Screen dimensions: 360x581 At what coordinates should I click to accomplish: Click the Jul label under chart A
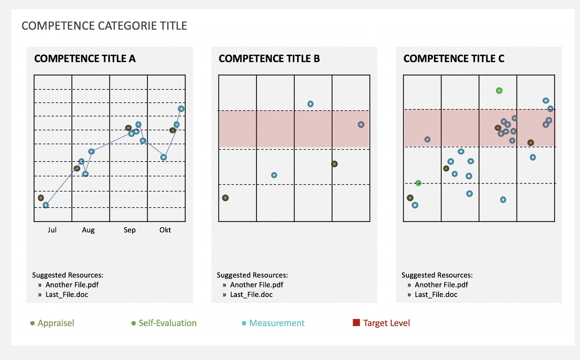click(52, 230)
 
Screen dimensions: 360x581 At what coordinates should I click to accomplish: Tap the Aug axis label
click(88, 230)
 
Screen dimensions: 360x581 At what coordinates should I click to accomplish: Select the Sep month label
click(130, 230)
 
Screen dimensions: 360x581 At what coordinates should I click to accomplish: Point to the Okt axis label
click(165, 230)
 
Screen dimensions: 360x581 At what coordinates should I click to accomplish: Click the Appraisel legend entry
click(56, 323)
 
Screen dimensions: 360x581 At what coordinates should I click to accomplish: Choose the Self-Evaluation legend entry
click(167, 323)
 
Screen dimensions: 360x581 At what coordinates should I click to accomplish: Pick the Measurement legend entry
click(277, 323)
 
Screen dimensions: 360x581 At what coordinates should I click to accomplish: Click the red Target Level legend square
click(356, 322)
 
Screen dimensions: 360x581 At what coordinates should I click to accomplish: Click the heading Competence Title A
click(85, 58)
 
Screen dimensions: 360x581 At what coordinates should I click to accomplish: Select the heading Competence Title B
click(269, 58)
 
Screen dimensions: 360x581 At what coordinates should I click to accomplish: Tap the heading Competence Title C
click(454, 58)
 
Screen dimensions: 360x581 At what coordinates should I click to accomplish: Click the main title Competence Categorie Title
click(104, 26)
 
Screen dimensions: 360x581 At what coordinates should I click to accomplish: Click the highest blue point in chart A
click(181, 109)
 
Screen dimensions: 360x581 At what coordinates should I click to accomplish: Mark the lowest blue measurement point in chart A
click(46, 205)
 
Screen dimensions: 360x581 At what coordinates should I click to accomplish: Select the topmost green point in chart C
click(499, 91)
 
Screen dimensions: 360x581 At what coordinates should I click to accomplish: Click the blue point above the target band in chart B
click(310, 104)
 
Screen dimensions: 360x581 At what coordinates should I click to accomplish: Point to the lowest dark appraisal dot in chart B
click(225, 198)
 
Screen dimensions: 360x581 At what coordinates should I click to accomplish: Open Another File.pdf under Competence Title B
click(257, 285)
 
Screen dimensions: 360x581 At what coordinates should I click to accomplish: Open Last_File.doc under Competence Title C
click(436, 295)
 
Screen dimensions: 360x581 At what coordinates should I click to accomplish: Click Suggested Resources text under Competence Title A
click(68, 275)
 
